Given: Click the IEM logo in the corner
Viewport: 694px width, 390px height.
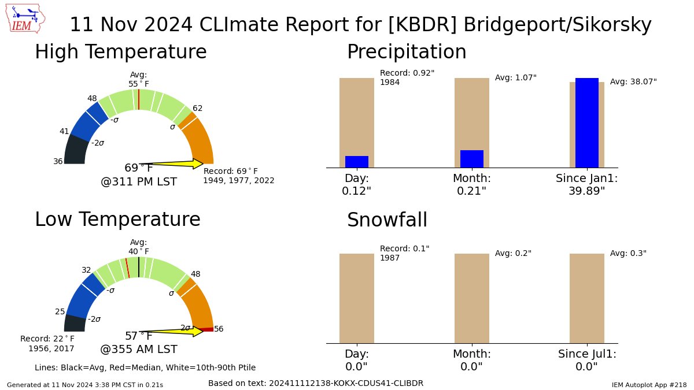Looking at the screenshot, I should (x=28, y=19).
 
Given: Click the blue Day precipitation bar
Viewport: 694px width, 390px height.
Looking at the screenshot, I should (x=356, y=162).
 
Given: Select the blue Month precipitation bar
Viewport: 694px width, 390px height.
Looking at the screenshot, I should (x=471, y=159).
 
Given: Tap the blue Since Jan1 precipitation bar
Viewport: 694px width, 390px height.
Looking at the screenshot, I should (x=586, y=122).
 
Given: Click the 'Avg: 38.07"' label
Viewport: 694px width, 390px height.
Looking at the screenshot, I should (x=633, y=82).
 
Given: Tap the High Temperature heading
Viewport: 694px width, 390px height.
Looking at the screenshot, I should (x=120, y=52).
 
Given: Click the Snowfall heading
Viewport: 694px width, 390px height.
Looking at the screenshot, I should (x=387, y=220).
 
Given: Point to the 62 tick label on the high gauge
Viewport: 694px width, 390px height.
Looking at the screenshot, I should (x=198, y=108).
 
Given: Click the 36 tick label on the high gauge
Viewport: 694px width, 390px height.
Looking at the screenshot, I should (x=58, y=161).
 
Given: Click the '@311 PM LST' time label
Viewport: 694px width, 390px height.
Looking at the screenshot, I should (x=139, y=182).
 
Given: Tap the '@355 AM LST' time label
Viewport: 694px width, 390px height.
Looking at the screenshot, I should (x=139, y=349).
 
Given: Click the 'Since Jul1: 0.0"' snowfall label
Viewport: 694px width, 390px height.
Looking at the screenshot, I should (x=587, y=360).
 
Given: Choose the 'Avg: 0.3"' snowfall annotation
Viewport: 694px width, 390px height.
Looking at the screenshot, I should (x=628, y=253).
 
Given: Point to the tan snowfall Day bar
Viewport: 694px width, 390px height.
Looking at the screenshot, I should (x=356, y=298).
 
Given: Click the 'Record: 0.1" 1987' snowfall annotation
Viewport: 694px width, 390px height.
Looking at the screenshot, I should (x=404, y=253).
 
